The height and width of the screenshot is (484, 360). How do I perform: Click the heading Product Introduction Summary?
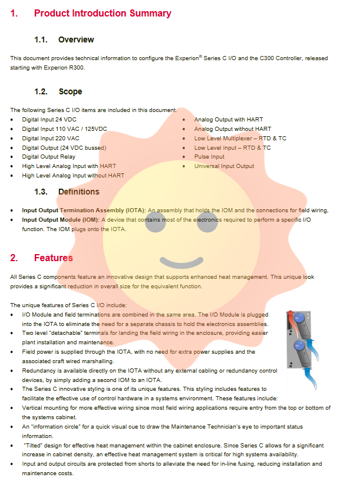point(103,13)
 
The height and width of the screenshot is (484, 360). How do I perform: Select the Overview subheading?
point(76,39)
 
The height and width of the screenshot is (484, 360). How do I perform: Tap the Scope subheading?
point(70,91)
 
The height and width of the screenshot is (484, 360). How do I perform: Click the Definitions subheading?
point(78,192)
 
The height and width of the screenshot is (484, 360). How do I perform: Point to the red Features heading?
point(53,258)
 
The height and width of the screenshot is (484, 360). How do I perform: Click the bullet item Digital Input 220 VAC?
point(50,138)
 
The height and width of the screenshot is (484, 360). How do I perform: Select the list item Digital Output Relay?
point(49,157)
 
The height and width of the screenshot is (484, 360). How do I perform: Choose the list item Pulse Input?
point(209,157)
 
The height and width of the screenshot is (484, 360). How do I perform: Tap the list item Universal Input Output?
point(224,166)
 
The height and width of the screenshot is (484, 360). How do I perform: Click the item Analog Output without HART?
point(233,129)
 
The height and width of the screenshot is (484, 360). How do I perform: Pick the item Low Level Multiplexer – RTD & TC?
point(240,138)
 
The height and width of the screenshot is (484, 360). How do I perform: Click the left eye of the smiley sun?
point(154,224)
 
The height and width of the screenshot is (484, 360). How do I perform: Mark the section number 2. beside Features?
point(14,258)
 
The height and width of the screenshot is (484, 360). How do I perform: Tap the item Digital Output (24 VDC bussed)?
point(64,147)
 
